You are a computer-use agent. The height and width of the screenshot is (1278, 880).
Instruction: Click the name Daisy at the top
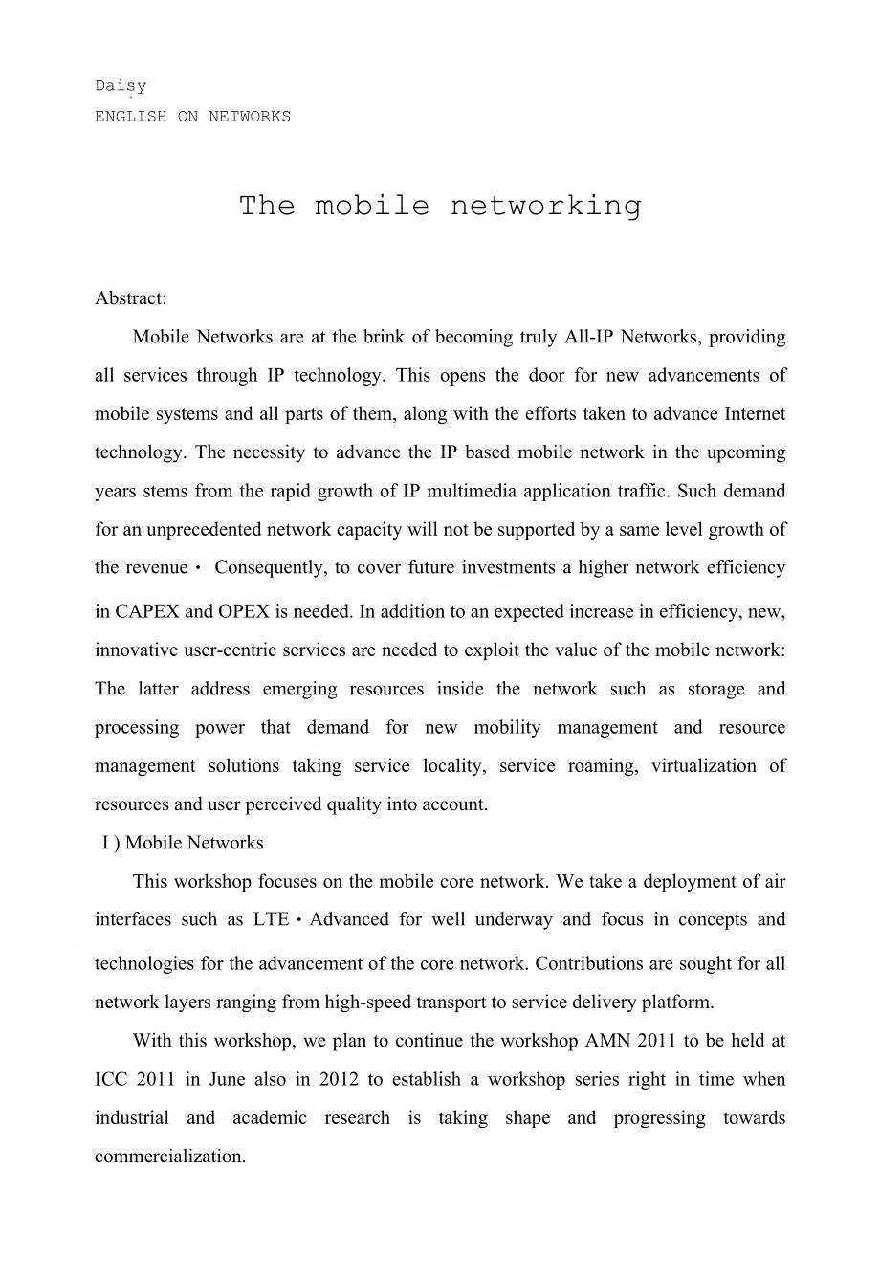coord(121,86)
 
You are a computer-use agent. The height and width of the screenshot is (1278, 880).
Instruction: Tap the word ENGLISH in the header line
coord(130,117)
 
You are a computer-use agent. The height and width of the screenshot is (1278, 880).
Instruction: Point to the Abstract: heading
coord(131,298)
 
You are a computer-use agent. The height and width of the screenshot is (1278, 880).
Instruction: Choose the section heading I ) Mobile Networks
coord(182,843)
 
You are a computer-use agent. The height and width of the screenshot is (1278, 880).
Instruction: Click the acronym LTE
coord(271,919)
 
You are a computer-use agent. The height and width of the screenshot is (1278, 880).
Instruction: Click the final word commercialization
coord(170,1156)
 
